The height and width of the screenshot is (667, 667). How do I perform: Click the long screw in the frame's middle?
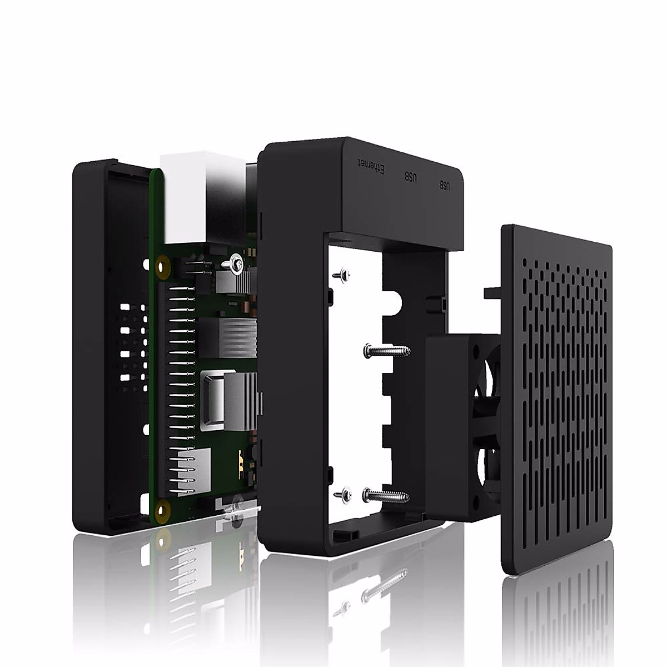pos(387,350)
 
